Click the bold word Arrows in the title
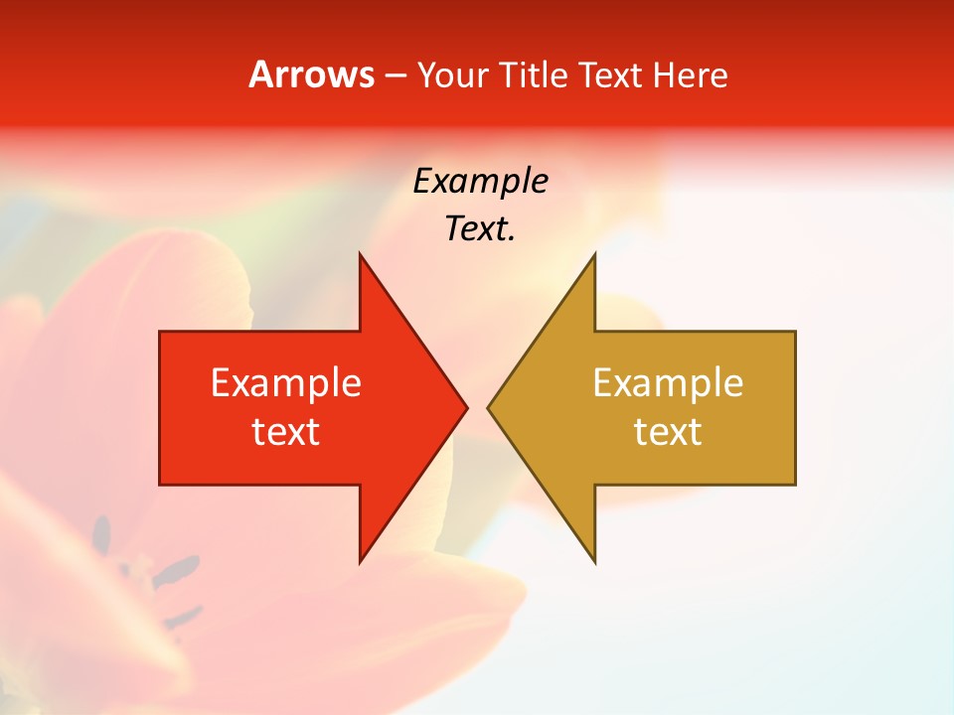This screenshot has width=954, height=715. [311, 74]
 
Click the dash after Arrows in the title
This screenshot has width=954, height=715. [395, 75]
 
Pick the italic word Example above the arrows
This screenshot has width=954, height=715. [480, 181]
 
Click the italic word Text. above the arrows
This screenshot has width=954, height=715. [480, 228]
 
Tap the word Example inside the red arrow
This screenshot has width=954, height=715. [286, 382]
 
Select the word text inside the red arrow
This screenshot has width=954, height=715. [286, 432]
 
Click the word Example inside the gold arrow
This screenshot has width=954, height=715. [668, 382]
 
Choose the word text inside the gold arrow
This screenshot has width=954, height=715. [668, 432]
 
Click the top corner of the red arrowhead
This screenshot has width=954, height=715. [360, 255]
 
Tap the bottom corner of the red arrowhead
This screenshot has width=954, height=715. [360, 561]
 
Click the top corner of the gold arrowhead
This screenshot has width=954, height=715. [594, 255]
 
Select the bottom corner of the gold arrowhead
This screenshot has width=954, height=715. [594, 561]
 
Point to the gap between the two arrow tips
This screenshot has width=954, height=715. [478, 407]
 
